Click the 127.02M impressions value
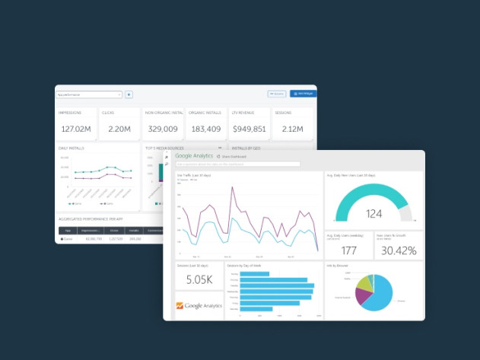tap(76, 129)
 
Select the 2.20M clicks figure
tap(119, 129)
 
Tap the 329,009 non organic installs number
tap(163, 129)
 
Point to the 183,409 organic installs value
tap(205, 129)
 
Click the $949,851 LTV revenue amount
tap(249, 129)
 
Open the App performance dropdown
tap(89, 94)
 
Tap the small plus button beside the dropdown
tap(129, 94)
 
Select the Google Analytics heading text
tap(194, 156)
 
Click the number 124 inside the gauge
tap(374, 214)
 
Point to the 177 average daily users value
tap(349, 250)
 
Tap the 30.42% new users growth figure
tap(398, 250)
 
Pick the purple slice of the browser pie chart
tap(363, 280)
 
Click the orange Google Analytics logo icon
tap(180, 306)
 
